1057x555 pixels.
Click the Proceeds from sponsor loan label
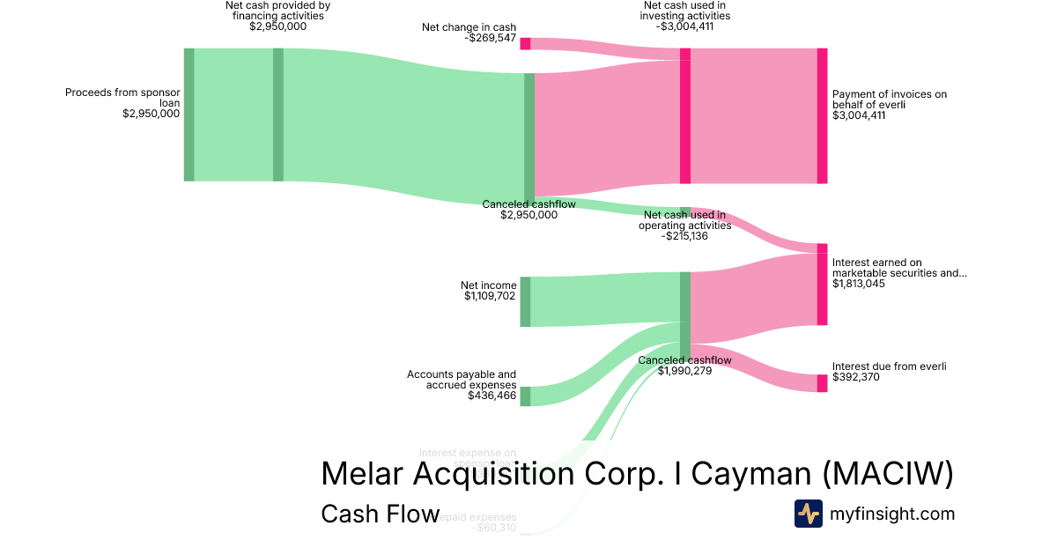[122, 97]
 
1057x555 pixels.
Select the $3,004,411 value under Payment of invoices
[859, 115]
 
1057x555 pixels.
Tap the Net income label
[489, 285]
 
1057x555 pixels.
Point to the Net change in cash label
[469, 27]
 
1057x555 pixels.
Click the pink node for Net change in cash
[525, 43]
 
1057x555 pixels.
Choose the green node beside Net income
[525, 301]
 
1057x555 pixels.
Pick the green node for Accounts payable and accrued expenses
[525, 396]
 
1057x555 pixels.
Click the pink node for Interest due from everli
[822, 383]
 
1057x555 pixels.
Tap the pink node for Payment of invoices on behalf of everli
[822, 115]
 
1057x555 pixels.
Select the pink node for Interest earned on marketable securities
[822, 285]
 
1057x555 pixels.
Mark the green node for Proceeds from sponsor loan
[188, 115]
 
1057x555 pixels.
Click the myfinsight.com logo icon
[808, 514]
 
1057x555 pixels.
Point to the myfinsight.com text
[892, 514]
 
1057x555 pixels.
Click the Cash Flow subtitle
[380, 514]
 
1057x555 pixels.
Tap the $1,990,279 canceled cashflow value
[684, 371]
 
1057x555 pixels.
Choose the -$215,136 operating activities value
[676, 236]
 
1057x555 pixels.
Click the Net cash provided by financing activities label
[277, 16]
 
